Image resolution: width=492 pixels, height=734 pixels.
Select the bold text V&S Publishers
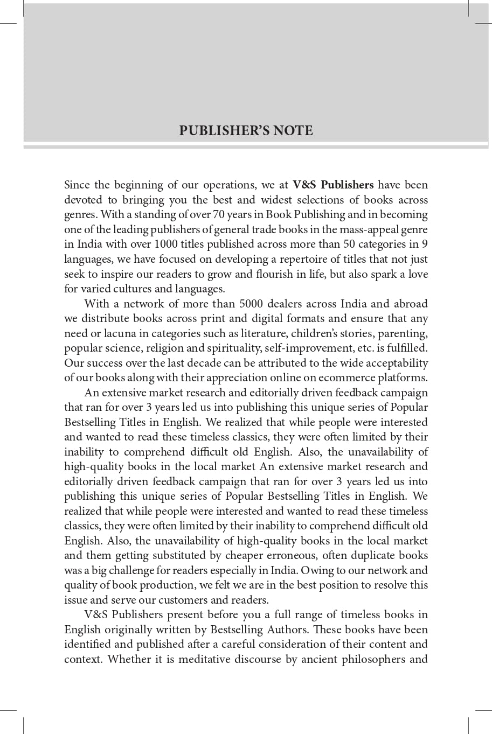coord(333,185)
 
